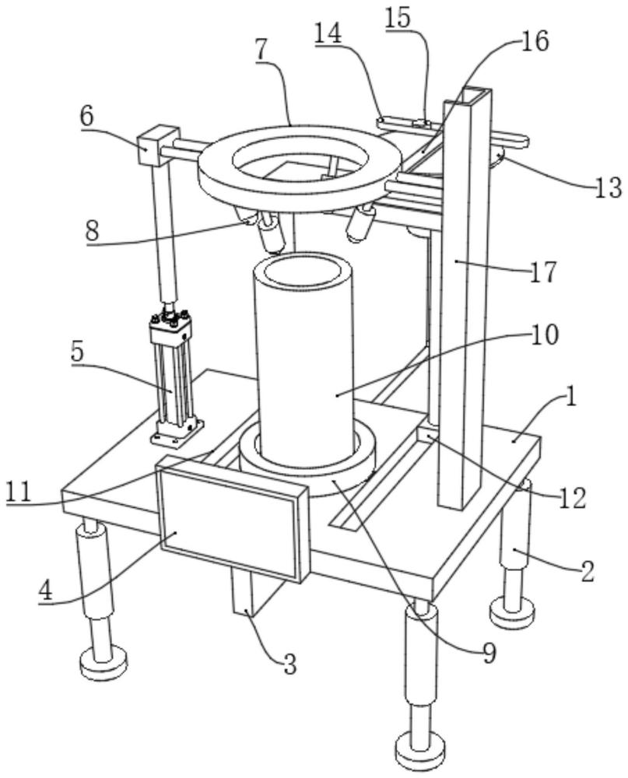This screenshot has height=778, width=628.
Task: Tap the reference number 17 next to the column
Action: click(x=544, y=272)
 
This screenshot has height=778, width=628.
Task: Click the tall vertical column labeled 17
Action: click(x=465, y=311)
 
